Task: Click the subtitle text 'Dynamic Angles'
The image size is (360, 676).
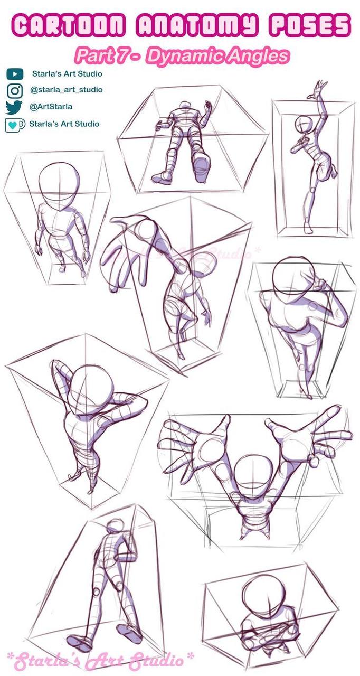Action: point(217,55)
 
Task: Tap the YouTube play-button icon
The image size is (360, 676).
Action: point(15,74)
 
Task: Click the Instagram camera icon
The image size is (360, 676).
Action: point(15,90)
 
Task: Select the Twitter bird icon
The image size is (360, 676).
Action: point(15,107)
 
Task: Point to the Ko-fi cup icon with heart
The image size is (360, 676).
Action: point(15,125)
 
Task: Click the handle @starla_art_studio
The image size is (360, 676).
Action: point(66,90)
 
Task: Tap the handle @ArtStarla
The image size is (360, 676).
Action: point(51,107)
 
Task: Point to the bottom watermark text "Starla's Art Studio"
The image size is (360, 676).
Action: point(100,660)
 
